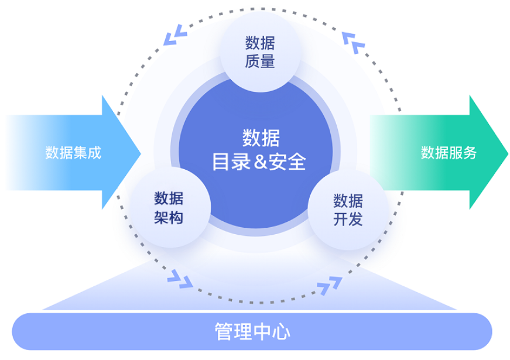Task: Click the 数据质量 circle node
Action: [x=261, y=52]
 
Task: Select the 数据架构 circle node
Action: [x=169, y=208]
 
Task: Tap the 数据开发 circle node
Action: [x=348, y=210]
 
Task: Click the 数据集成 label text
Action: [x=73, y=153]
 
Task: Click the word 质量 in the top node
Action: [x=261, y=61]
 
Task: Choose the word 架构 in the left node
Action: [x=169, y=218]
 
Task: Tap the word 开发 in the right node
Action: [x=348, y=220]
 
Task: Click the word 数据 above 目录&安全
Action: [x=261, y=139]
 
